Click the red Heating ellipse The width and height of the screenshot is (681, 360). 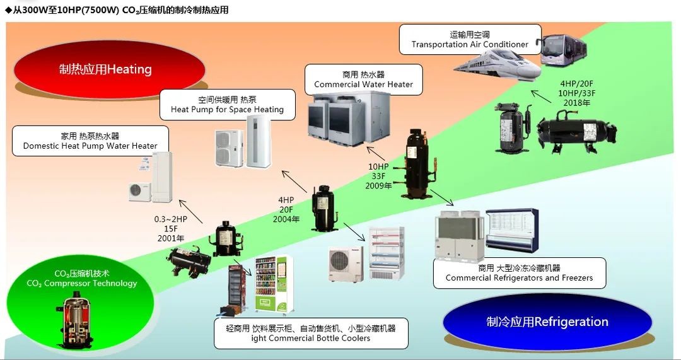pyautogui.click(x=109, y=69)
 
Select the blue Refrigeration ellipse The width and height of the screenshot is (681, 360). pyautogui.click(x=547, y=322)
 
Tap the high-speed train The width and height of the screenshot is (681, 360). pyautogui.click(x=498, y=66)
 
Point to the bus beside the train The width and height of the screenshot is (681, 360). pyautogui.click(x=562, y=50)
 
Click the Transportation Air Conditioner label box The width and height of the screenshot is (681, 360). pyautogui.click(x=470, y=40)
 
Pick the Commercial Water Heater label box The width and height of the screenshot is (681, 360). pyautogui.click(x=364, y=80)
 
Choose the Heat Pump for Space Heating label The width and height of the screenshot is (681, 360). pyautogui.click(x=227, y=105)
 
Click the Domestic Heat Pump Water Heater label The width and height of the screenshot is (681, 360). pyautogui.click(x=90, y=141)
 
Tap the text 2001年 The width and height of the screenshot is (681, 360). pyautogui.click(x=171, y=238)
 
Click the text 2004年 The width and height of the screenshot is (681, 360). pyautogui.click(x=286, y=219)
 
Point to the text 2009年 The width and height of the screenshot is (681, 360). pyautogui.click(x=378, y=186)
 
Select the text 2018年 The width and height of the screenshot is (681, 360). pyautogui.click(x=577, y=103)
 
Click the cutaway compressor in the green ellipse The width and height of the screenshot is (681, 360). pyautogui.click(x=74, y=322)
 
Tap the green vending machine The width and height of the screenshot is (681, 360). pyautogui.click(x=274, y=284)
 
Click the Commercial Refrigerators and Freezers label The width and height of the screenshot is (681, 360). pyautogui.click(x=520, y=273)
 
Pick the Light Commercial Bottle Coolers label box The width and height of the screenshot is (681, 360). pyautogui.click(x=311, y=333)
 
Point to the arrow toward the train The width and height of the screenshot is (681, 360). pyautogui.click(x=541, y=96)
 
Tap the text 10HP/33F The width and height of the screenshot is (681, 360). pyautogui.click(x=577, y=93)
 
